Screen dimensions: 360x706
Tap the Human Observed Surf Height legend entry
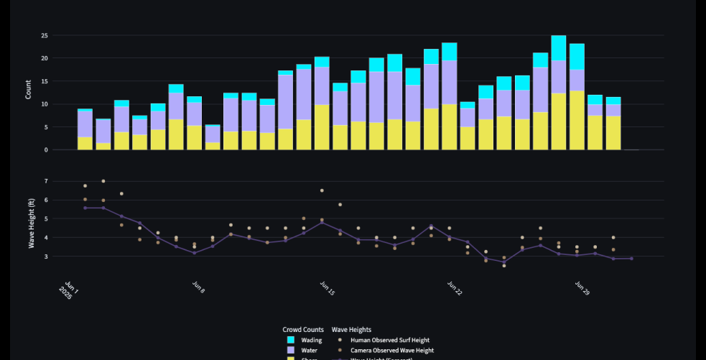(x=389, y=340)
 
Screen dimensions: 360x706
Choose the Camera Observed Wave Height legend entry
(x=391, y=351)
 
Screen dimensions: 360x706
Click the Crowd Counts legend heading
(x=302, y=329)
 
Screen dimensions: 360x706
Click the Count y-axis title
(x=29, y=92)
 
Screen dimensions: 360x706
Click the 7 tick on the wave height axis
(x=46, y=181)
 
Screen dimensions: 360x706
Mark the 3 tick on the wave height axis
(x=46, y=257)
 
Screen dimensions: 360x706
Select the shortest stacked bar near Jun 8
(x=213, y=137)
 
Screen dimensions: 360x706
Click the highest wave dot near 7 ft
(x=103, y=181)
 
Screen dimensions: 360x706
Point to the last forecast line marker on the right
(x=631, y=259)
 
